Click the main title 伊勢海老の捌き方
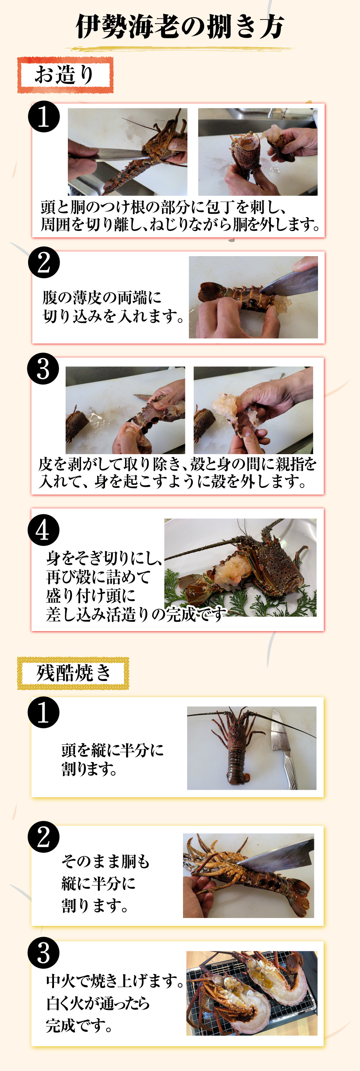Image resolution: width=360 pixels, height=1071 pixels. pos(180,27)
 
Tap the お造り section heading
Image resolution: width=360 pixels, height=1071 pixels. pos(65,75)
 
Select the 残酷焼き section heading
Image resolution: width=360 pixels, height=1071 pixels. pos(73,672)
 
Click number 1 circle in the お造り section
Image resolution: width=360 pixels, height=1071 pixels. pos(43,117)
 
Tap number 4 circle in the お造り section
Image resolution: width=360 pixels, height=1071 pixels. pos(43,530)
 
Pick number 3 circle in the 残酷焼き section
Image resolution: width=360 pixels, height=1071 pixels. pos(43,952)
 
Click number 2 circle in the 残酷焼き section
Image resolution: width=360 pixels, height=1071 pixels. pos(43,837)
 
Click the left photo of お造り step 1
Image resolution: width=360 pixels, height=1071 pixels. pos(127,152)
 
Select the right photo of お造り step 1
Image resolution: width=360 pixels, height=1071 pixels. pos(257,152)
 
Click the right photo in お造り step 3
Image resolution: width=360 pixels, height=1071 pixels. pos(253,410)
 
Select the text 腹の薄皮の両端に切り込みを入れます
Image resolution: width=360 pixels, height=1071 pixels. pos(112,307)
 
